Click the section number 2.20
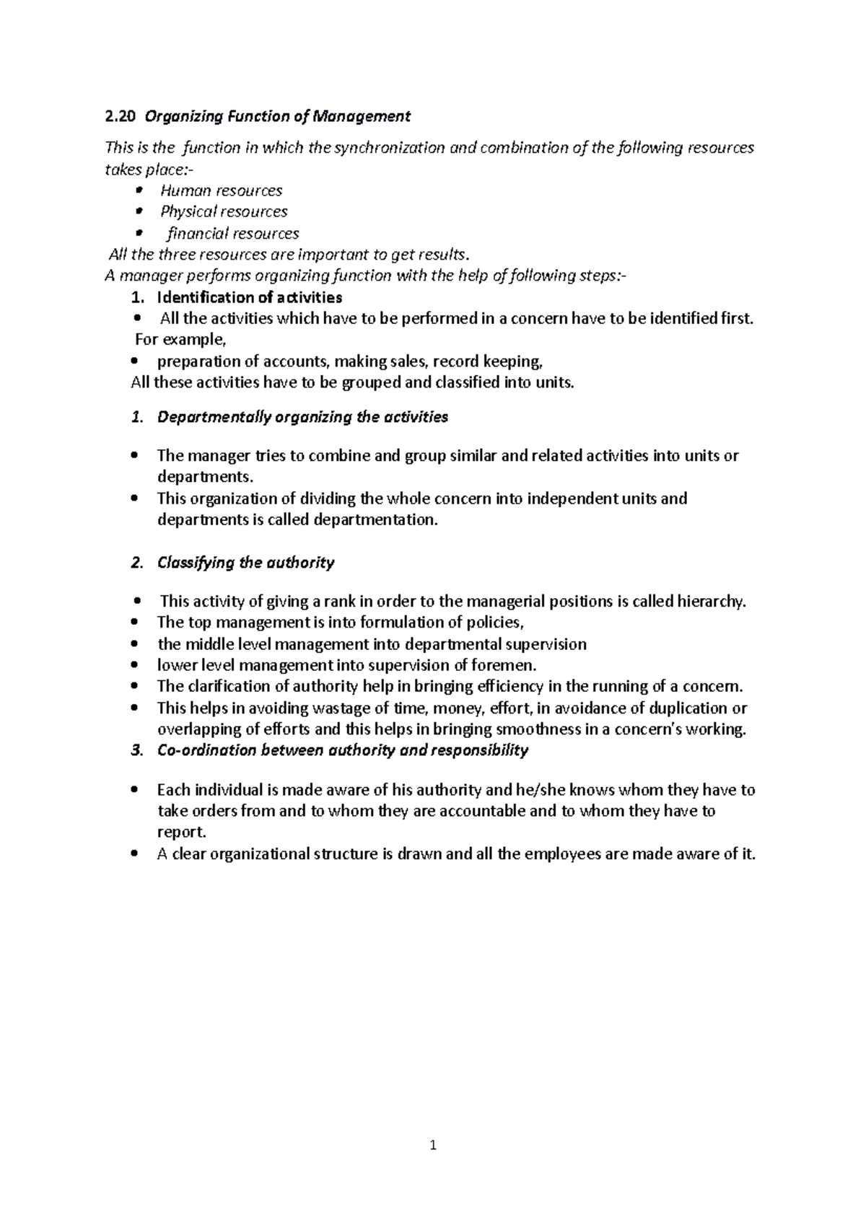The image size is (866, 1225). (118, 116)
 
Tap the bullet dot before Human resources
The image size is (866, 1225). (139, 190)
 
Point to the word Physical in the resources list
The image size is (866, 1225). (189, 211)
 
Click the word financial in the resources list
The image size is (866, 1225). (197, 234)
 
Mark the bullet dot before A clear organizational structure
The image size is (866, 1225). (135, 854)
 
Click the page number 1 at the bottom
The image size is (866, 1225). (433, 1144)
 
